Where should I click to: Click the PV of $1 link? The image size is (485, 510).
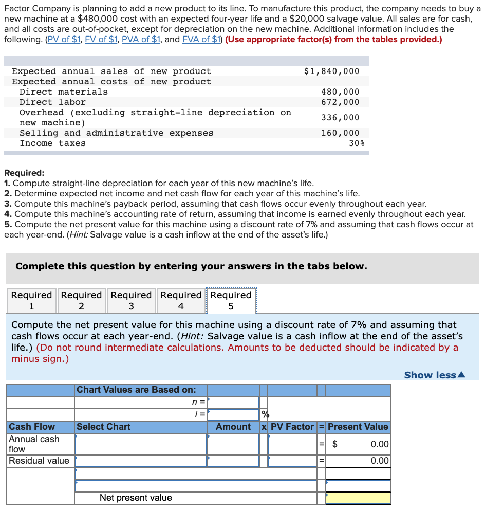coord(64,40)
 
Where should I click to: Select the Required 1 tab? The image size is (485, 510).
coord(31,300)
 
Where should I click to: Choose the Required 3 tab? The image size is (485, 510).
coord(131,300)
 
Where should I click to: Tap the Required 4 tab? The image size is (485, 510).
coord(181,300)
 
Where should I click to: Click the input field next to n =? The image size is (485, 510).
coord(233,403)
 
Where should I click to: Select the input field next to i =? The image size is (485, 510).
coord(233,414)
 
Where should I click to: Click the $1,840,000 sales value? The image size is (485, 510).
coord(331,71)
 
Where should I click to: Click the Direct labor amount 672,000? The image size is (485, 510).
coord(340,102)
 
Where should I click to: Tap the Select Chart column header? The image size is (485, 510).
coord(104,427)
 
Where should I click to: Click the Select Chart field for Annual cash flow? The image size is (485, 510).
coord(141,444)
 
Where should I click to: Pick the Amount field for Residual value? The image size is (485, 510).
coord(233,461)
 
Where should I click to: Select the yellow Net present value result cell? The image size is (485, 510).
coord(358,498)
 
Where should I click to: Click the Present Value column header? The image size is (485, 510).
coord(358,427)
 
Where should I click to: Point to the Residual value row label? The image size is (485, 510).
coord(39,461)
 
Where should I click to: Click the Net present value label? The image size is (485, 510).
coord(136,498)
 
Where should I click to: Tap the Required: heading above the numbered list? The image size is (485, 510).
coord(24,173)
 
